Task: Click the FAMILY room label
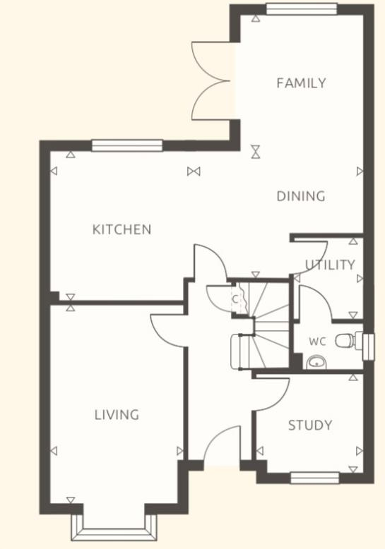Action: (x=301, y=83)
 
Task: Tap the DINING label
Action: (x=301, y=196)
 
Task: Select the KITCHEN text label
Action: (x=122, y=229)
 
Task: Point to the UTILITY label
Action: (x=330, y=265)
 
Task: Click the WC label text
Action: (x=317, y=342)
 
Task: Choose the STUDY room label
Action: (x=310, y=426)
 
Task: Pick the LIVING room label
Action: (x=117, y=415)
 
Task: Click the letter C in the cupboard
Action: (x=235, y=298)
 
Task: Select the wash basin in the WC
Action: (x=315, y=363)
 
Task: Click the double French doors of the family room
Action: (x=211, y=81)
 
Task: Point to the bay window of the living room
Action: (x=114, y=526)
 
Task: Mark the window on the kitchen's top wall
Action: (x=127, y=146)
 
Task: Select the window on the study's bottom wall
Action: (x=315, y=478)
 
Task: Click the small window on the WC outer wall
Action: (x=367, y=345)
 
